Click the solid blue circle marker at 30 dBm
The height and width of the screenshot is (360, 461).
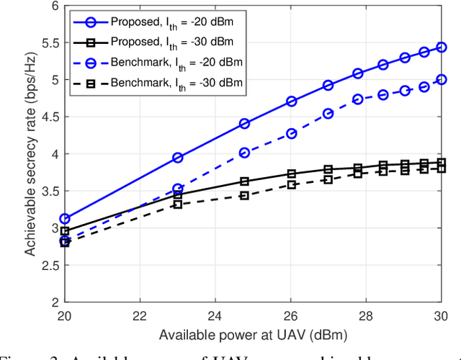[442, 48]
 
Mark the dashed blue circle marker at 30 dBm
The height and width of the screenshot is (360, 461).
[442, 79]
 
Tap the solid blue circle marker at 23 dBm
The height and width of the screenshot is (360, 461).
[178, 158]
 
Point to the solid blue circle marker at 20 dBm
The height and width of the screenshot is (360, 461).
[65, 218]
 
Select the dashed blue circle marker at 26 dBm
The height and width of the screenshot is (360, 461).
[291, 134]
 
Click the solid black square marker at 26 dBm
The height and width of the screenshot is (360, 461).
[291, 174]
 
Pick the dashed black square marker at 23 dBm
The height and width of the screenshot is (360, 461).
[178, 204]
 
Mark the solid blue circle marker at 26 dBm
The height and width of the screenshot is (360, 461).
[291, 102]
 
